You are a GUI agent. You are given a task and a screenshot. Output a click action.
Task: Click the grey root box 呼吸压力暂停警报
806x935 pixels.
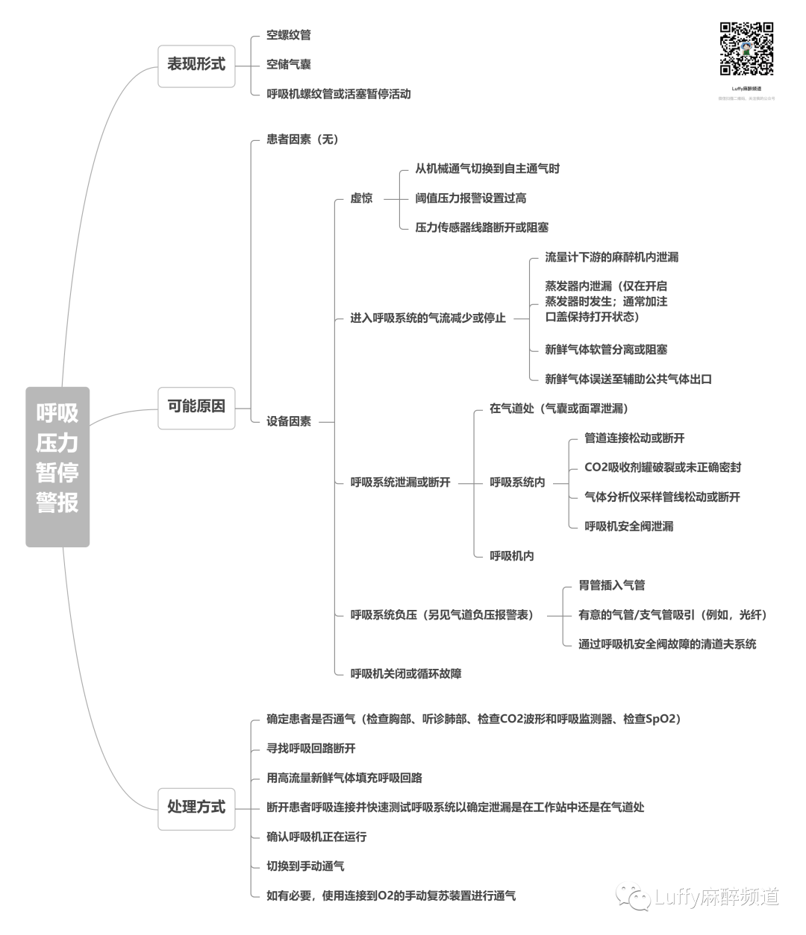pyautogui.click(x=57, y=467)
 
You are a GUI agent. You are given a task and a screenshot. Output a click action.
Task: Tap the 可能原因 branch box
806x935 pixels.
pyautogui.click(x=196, y=407)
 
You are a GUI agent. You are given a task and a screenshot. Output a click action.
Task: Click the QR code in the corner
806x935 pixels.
pyautogui.click(x=746, y=49)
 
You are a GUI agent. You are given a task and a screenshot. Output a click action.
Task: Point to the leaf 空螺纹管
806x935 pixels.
pyautogui.click(x=289, y=35)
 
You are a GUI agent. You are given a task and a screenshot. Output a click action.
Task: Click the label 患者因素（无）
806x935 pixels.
pyautogui.click(x=302, y=139)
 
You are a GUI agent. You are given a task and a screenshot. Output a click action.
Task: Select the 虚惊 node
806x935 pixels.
pyautogui.click(x=361, y=198)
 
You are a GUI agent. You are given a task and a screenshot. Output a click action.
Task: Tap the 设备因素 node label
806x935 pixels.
pyautogui.click(x=289, y=422)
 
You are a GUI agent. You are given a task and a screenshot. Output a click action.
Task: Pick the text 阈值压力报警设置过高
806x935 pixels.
pyautogui.click(x=471, y=198)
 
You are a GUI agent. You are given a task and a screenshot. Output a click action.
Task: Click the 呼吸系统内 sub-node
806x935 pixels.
pyautogui.click(x=517, y=482)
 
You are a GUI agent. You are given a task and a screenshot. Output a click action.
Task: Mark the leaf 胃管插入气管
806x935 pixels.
pyautogui.click(x=612, y=586)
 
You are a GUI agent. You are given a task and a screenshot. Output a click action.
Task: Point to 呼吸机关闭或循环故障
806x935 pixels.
pyautogui.click(x=406, y=674)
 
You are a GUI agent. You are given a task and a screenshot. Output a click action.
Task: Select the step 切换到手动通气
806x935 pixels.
pyautogui.click(x=305, y=866)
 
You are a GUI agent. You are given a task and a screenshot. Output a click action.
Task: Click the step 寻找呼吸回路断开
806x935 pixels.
pyautogui.click(x=311, y=749)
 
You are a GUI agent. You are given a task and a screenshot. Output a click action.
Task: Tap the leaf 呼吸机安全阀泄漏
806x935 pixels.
pyautogui.click(x=629, y=526)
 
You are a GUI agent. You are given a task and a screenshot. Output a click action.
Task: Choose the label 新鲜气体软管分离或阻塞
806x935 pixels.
pyautogui.click(x=606, y=350)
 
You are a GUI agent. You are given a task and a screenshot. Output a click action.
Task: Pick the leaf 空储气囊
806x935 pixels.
pyautogui.click(x=289, y=65)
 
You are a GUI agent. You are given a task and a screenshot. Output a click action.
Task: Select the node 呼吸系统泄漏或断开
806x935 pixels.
pyautogui.click(x=401, y=482)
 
